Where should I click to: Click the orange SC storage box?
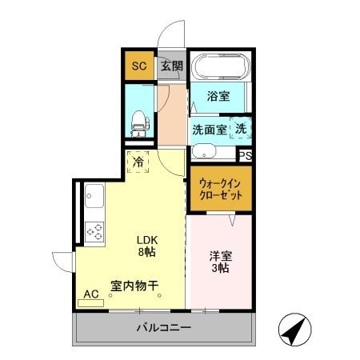coord(138,66)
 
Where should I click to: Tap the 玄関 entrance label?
coord(170,66)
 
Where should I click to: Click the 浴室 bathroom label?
coord(218,98)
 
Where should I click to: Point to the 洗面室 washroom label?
coord(210,129)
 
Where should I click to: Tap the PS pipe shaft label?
coord(246,155)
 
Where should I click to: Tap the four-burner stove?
coord(94,232)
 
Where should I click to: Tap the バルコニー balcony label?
coord(163,328)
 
